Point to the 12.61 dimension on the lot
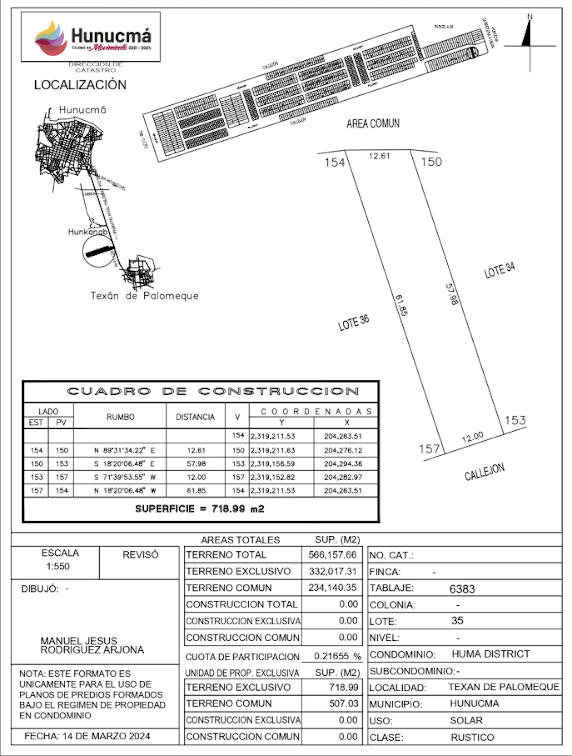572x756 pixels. click(379, 156)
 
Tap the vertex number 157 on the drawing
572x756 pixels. click(429, 449)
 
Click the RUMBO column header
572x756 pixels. click(120, 417)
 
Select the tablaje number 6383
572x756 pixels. click(462, 589)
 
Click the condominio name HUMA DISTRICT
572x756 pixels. click(491, 654)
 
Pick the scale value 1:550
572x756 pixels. click(58, 566)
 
